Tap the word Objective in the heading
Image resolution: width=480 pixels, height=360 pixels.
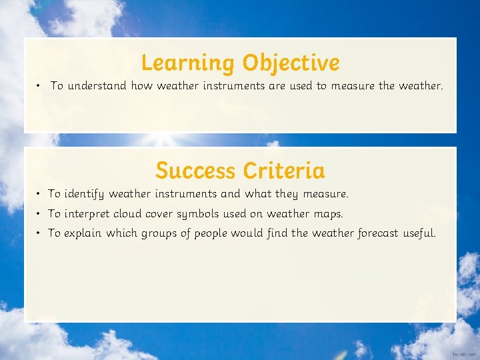(x=291, y=63)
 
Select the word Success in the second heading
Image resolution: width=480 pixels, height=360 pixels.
(x=196, y=171)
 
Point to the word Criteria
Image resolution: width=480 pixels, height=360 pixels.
(x=284, y=171)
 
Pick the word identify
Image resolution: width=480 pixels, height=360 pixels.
(x=85, y=194)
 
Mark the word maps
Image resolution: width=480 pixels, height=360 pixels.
(x=327, y=214)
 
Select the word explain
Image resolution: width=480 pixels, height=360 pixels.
(x=83, y=233)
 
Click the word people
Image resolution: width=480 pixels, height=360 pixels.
(x=211, y=233)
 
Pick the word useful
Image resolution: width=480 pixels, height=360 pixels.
(x=419, y=233)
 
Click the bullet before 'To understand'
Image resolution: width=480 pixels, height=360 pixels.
(x=40, y=86)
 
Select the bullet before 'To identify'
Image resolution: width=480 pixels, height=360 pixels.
(x=40, y=194)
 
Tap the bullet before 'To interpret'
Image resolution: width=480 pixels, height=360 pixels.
(x=40, y=214)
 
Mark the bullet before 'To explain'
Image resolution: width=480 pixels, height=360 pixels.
(x=40, y=233)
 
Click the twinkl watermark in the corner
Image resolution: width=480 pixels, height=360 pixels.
(x=463, y=354)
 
